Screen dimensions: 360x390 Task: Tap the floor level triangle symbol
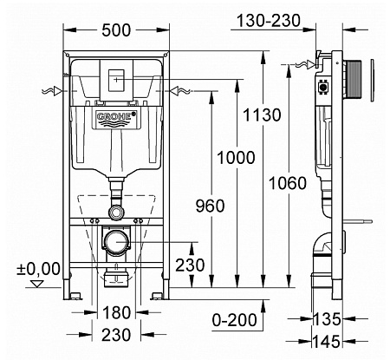click(37, 283)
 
